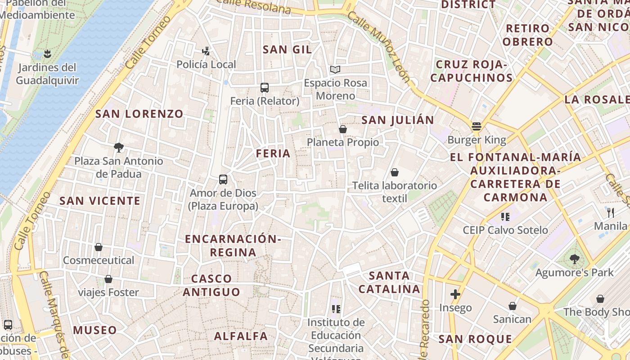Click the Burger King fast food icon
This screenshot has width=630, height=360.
click(x=477, y=126)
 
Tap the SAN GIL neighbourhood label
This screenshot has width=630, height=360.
click(x=287, y=49)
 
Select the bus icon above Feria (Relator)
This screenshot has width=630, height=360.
click(x=265, y=88)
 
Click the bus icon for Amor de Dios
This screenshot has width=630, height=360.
click(x=223, y=180)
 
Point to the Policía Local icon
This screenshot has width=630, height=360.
click(x=206, y=51)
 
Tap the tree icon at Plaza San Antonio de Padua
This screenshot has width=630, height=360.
click(x=119, y=147)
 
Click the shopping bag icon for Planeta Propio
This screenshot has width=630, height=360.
click(x=343, y=129)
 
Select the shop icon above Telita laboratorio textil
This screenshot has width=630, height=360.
click(x=395, y=172)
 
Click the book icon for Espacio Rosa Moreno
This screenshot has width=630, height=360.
click(x=335, y=69)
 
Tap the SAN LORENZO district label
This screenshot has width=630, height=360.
click(x=139, y=114)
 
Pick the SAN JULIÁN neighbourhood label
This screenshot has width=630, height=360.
click(x=398, y=120)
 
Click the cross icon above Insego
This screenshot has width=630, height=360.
click(x=455, y=295)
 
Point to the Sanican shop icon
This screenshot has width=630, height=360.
click(x=512, y=306)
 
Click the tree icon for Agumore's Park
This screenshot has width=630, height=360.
click(x=574, y=259)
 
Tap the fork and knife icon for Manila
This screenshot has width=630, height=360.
click(x=611, y=212)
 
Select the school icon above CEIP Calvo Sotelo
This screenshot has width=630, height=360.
click(x=505, y=217)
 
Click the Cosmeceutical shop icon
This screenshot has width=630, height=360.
click(x=99, y=247)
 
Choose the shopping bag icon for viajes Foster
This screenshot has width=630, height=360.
click(x=108, y=279)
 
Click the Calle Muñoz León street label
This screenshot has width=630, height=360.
click(x=379, y=48)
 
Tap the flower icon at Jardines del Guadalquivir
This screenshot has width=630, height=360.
click(x=47, y=54)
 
